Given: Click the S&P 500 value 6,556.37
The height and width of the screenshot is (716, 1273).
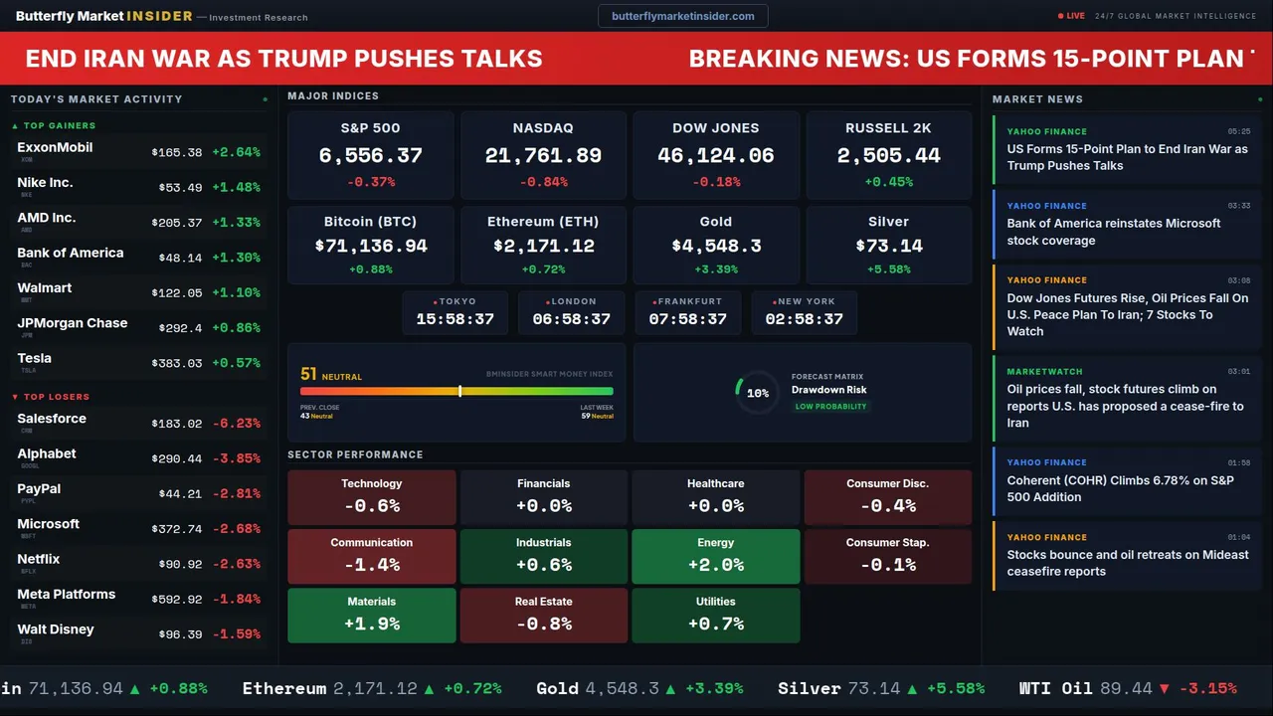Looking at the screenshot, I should (x=370, y=156).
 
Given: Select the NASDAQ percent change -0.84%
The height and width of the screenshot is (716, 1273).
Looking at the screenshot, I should (x=543, y=182).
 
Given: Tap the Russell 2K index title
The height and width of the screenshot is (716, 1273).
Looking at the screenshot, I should (x=888, y=128).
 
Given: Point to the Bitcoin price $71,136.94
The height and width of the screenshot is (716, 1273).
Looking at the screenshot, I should (x=370, y=246).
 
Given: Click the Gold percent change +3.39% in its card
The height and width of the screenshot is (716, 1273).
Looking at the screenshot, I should (x=715, y=269).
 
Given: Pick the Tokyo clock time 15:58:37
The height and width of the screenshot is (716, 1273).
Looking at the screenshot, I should (x=455, y=319).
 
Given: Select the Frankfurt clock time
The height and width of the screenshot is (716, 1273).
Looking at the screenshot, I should (x=687, y=319).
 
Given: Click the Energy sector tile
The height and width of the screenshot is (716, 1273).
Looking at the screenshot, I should (x=715, y=556).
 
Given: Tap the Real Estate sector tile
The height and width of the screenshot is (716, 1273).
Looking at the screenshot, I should (x=543, y=615).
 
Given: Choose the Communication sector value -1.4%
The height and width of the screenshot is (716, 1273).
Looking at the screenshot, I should (x=371, y=565).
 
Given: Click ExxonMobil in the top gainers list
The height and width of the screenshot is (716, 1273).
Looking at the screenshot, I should (x=55, y=147).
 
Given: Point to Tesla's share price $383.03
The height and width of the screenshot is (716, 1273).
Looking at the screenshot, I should (x=177, y=364).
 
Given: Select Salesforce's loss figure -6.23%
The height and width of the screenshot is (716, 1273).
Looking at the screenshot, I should (x=237, y=424).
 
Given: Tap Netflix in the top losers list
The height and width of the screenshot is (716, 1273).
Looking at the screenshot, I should (x=39, y=559).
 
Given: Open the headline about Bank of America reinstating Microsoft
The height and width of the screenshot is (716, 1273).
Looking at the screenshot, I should (x=1113, y=232).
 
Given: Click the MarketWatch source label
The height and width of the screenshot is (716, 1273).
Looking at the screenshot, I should (x=1038, y=372).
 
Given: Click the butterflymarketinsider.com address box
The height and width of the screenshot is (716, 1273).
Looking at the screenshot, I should (x=682, y=16).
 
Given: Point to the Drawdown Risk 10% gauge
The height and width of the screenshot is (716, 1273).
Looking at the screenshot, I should (x=757, y=393).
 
